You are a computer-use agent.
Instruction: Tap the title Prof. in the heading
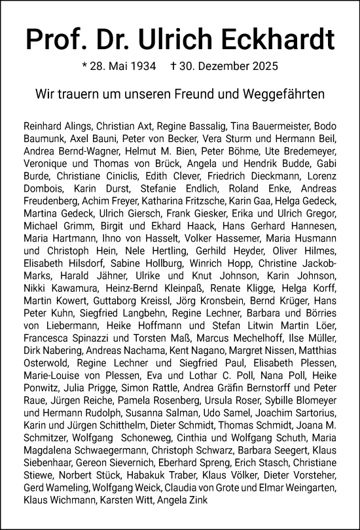point(58,41)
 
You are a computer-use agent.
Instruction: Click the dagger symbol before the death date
point(173,66)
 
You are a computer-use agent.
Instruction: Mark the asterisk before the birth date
point(84,65)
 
